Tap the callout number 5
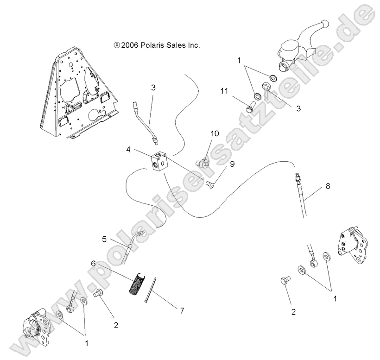(105, 239)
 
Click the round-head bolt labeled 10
(203, 163)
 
